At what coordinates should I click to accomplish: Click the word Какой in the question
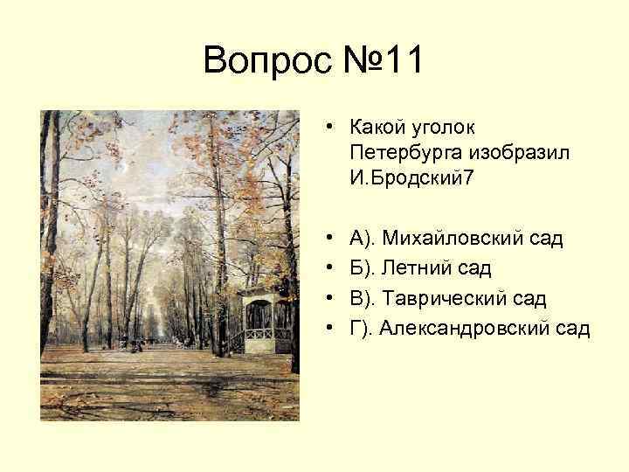[375, 128]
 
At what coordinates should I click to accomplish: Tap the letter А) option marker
[360, 237]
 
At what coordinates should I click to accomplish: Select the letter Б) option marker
[360, 267]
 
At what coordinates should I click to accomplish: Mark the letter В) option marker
[360, 298]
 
